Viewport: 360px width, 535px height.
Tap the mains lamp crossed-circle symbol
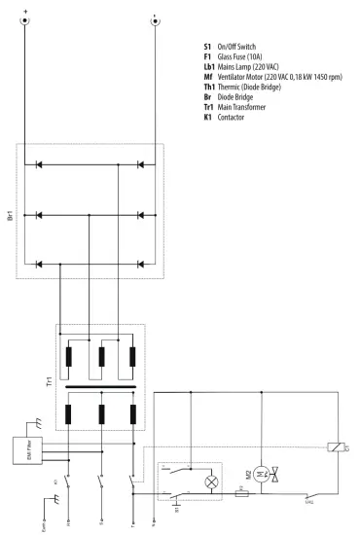point(207,481)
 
